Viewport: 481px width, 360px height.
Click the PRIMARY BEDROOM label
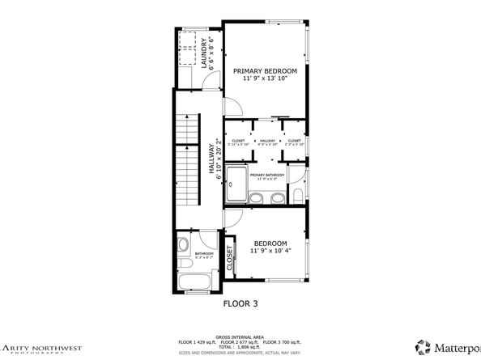pos(265,71)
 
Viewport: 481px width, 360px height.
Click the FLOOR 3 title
pos(240,305)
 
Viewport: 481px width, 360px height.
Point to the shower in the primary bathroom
pos(236,183)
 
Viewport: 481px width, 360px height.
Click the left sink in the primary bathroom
pos(255,199)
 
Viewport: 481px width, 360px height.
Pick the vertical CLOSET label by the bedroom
pos(229,258)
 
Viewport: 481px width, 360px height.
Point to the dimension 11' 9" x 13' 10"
pos(265,79)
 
